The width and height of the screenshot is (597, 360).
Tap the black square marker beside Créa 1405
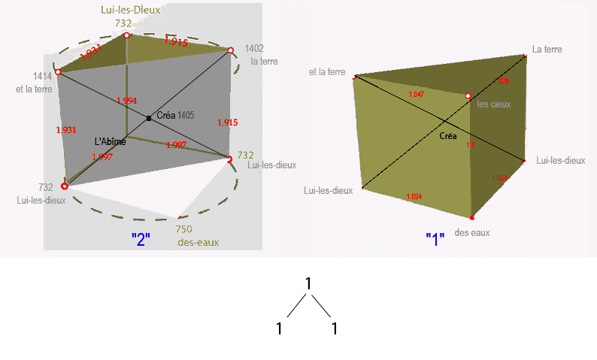149,118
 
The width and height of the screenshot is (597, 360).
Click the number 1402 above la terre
255,47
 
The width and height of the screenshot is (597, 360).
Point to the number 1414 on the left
42,76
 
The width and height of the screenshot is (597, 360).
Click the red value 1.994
126,101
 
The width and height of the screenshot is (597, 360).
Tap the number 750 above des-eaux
183,229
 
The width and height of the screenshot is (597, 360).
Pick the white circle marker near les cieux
468,96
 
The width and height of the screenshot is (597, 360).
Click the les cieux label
494,104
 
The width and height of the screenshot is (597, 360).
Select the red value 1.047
416,95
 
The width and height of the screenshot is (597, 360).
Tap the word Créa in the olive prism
448,136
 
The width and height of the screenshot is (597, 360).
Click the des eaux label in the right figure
471,233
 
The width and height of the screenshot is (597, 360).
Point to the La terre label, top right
547,50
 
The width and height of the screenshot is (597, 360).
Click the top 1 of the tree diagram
308,283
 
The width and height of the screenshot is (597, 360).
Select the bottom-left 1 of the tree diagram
279,328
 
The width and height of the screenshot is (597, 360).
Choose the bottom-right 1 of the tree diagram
334,328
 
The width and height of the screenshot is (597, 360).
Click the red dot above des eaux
472,218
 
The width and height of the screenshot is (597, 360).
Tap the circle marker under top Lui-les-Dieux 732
126,35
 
